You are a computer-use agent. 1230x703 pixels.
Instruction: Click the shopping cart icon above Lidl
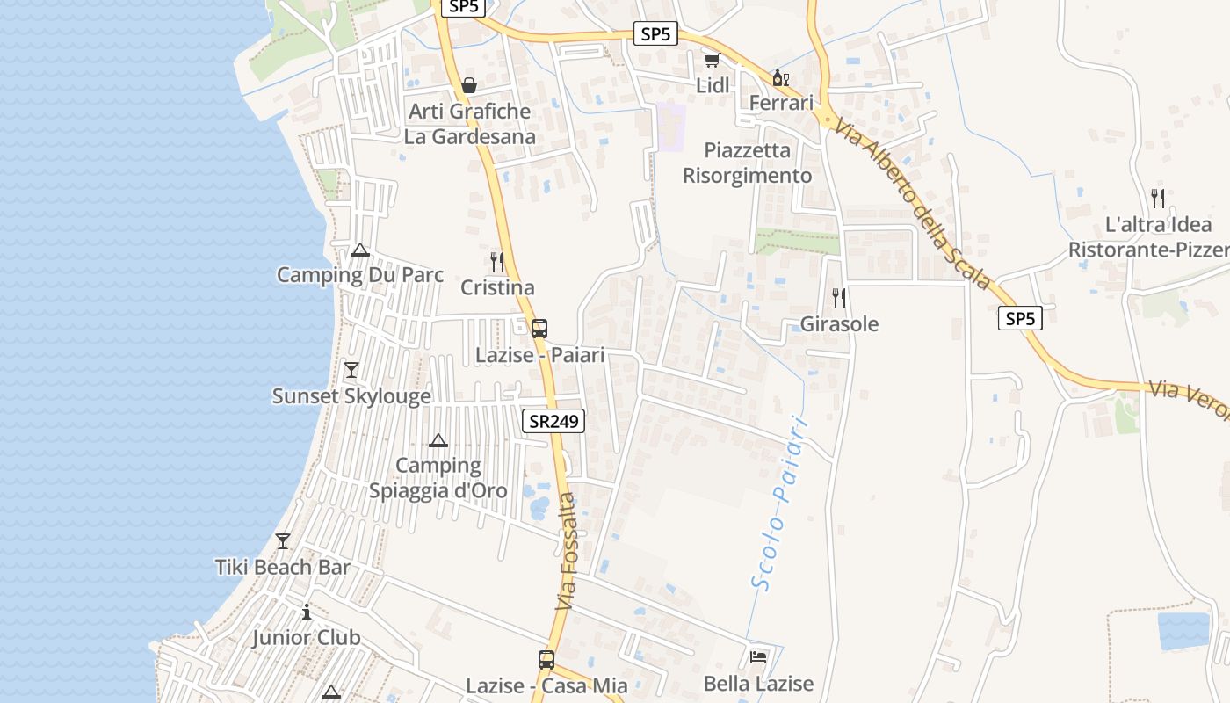712,60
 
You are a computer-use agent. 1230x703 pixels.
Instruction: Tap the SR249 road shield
553,421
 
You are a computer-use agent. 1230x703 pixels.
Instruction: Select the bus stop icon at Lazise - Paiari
539,329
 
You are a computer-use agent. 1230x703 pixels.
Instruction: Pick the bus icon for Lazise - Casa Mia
546,659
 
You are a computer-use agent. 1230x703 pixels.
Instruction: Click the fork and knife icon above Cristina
497,261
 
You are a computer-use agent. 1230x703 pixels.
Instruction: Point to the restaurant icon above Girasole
839,297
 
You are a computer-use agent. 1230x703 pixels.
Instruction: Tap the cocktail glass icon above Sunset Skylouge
351,369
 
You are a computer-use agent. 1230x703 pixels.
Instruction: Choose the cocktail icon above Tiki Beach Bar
283,540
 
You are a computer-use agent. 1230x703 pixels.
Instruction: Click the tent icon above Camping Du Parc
359,250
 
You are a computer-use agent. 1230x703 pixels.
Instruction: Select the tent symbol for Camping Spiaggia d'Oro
438,440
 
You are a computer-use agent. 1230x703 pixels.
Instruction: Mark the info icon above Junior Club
307,612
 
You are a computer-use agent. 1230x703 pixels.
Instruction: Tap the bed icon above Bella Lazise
758,656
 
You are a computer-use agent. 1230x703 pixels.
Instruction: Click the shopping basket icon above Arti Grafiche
469,85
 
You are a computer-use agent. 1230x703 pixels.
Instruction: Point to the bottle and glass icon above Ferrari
780,77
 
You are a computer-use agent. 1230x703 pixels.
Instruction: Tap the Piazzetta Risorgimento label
748,163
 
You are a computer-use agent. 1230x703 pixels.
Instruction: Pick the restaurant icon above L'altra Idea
1158,198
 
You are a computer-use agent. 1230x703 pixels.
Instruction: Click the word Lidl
713,85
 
